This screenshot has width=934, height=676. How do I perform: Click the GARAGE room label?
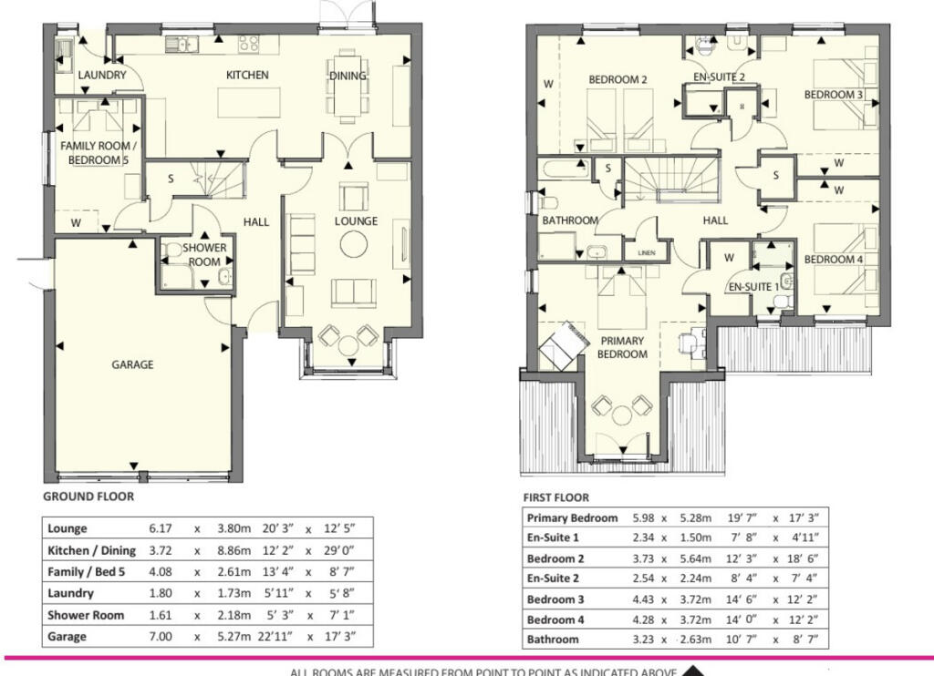point(132,364)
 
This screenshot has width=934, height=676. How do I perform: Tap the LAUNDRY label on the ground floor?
point(101,75)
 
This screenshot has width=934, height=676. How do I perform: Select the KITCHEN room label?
point(247,75)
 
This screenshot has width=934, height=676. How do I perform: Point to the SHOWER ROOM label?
point(204,255)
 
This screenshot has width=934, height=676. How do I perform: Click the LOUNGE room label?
point(356,221)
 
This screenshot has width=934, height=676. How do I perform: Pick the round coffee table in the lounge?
point(353,243)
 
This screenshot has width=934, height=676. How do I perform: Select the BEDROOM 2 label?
point(617,80)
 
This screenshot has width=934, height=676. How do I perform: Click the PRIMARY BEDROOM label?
point(621,347)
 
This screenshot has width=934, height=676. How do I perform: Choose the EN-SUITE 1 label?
point(753,286)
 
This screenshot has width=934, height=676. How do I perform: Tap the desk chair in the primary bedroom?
point(687,343)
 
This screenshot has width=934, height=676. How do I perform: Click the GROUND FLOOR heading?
point(88,497)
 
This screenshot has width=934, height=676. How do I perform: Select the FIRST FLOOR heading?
point(555,497)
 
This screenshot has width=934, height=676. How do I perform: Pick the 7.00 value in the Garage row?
point(161,637)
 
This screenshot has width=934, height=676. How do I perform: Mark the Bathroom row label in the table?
point(553,640)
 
